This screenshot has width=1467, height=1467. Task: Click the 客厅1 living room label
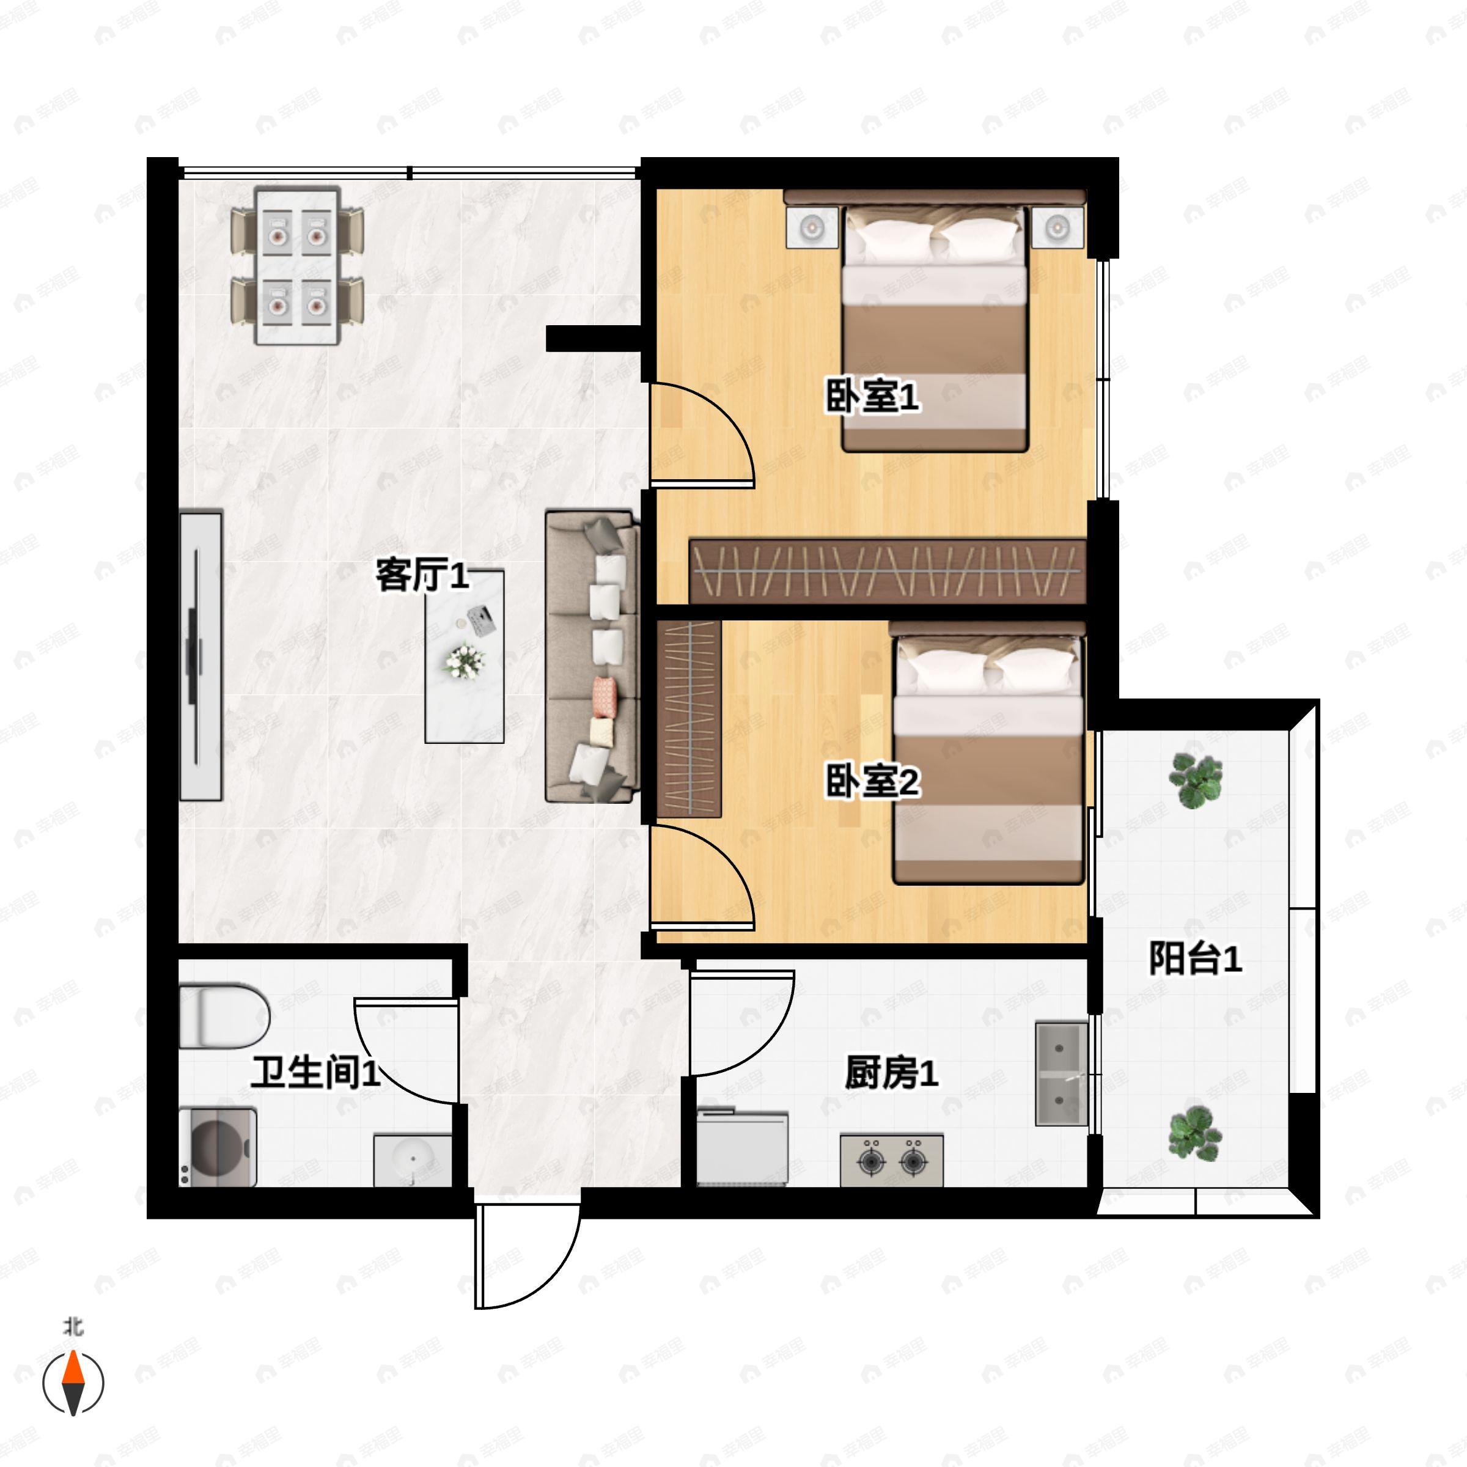click(422, 576)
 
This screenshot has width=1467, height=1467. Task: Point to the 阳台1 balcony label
click(1195, 958)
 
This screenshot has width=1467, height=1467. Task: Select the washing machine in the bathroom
click(218, 1147)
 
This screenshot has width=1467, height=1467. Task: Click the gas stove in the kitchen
click(891, 1160)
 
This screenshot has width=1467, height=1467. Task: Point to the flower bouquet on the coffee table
click(464, 661)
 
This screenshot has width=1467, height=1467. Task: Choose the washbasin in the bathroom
click(413, 1160)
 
